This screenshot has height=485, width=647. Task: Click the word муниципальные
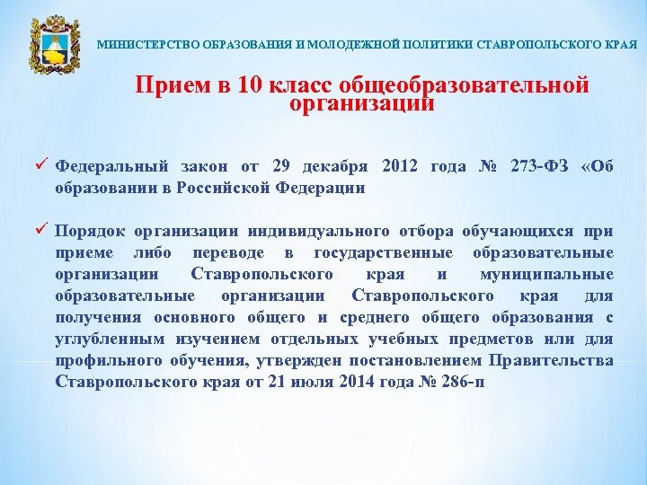(x=559, y=273)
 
